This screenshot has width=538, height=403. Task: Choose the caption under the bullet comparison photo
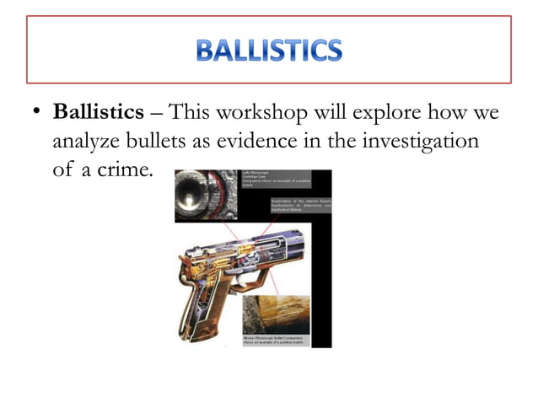click(275, 339)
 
